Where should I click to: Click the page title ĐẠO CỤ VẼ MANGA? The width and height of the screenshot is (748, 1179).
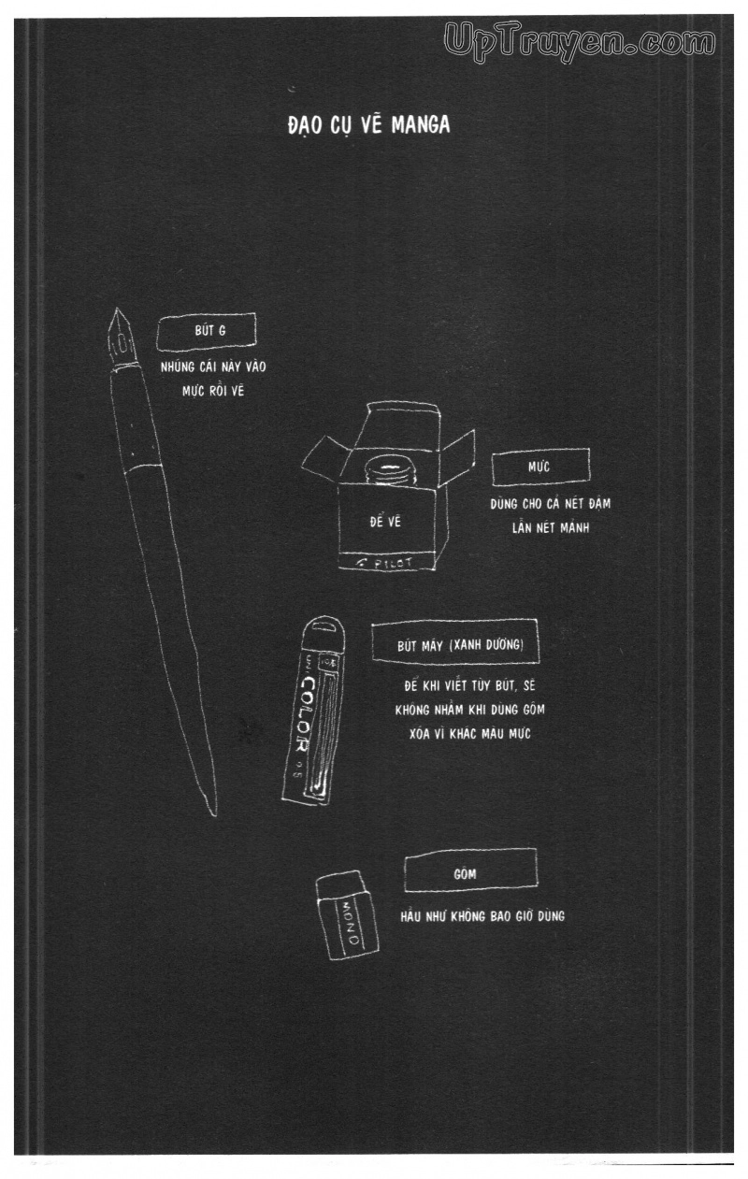click(368, 124)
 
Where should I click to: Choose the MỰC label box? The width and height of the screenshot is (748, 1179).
click(539, 465)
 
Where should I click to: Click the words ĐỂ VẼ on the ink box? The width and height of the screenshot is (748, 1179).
click(384, 522)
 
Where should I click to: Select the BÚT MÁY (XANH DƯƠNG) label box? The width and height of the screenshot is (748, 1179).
click(454, 644)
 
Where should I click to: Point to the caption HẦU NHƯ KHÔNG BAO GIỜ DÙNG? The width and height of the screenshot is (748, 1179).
click(482, 916)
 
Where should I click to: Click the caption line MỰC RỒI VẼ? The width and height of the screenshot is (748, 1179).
click(212, 390)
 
